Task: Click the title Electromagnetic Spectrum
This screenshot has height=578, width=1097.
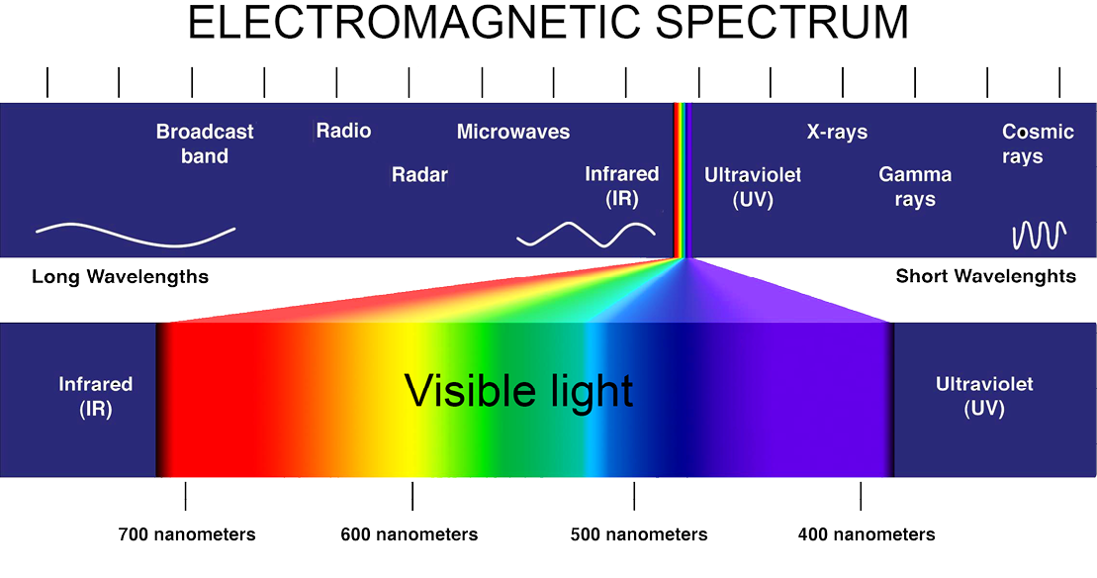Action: (548, 23)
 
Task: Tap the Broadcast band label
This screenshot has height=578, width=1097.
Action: (205, 144)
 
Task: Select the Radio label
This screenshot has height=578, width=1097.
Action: (343, 131)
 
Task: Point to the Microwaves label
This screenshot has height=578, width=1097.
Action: (512, 132)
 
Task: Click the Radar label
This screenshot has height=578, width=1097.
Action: (419, 174)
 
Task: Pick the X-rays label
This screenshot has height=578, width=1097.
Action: (837, 132)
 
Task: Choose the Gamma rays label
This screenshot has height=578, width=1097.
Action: (915, 186)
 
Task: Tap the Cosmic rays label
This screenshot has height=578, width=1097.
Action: (1038, 144)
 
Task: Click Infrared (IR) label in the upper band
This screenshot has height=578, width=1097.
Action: (622, 186)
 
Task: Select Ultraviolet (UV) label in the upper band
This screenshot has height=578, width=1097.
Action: (753, 187)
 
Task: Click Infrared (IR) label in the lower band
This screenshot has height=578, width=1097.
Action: (95, 396)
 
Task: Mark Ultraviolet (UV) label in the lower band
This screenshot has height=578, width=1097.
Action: (984, 396)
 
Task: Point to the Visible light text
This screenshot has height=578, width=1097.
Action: (518, 391)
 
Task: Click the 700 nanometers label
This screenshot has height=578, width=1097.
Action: (187, 534)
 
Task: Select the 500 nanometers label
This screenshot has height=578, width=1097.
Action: (639, 534)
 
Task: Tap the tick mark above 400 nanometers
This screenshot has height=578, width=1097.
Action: (861, 496)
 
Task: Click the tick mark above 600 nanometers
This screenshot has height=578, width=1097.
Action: (412, 496)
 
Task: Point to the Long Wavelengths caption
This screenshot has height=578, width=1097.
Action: (121, 276)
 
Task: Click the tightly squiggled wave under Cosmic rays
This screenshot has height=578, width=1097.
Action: (1040, 236)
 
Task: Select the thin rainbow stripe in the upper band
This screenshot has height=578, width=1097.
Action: (683, 180)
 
